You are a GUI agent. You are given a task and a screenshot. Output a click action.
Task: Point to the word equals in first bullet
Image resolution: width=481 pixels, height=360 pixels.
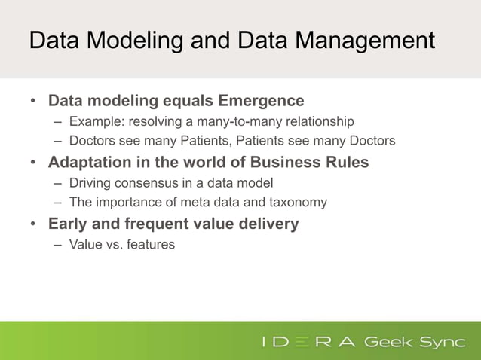click(x=188, y=101)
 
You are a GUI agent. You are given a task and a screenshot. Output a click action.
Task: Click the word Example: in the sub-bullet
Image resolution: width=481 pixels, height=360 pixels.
click(x=93, y=121)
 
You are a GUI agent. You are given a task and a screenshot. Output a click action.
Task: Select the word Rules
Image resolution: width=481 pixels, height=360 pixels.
click(x=346, y=163)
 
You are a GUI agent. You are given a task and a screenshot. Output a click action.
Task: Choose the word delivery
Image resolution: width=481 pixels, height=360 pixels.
click(x=268, y=224)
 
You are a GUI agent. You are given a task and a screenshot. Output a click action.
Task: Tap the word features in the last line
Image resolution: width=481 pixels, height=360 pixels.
click(x=150, y=244)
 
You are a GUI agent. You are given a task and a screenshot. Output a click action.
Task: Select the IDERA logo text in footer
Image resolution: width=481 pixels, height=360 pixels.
click(x=308, y=343)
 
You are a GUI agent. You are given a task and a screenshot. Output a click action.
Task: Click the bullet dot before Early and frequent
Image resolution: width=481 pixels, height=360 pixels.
click(x=32, y=224)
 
